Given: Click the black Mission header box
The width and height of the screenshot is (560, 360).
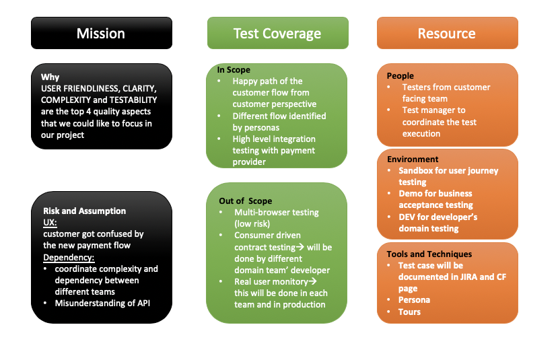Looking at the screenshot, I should point(101,33).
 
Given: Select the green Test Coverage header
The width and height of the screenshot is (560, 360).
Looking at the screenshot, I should point(277,33).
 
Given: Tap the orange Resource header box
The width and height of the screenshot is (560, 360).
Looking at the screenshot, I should point(447,33).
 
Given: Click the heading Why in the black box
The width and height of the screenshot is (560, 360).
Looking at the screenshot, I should point(50,77).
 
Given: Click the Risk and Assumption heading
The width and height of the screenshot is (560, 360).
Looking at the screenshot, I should point(84,211).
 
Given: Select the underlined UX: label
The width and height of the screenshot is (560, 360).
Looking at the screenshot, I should point(50,222).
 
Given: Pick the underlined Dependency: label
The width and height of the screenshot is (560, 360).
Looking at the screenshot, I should point(69,257).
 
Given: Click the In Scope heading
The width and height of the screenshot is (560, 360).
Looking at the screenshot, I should point(234,69).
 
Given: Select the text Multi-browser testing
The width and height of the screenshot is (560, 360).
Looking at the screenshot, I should point(277,212).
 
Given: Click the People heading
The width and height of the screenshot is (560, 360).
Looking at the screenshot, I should point(400,75).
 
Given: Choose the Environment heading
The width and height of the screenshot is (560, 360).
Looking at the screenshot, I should point(413,159).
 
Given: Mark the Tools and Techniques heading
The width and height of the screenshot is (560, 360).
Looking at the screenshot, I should point(429,254).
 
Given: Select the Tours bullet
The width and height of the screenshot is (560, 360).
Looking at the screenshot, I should point(409,312).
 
